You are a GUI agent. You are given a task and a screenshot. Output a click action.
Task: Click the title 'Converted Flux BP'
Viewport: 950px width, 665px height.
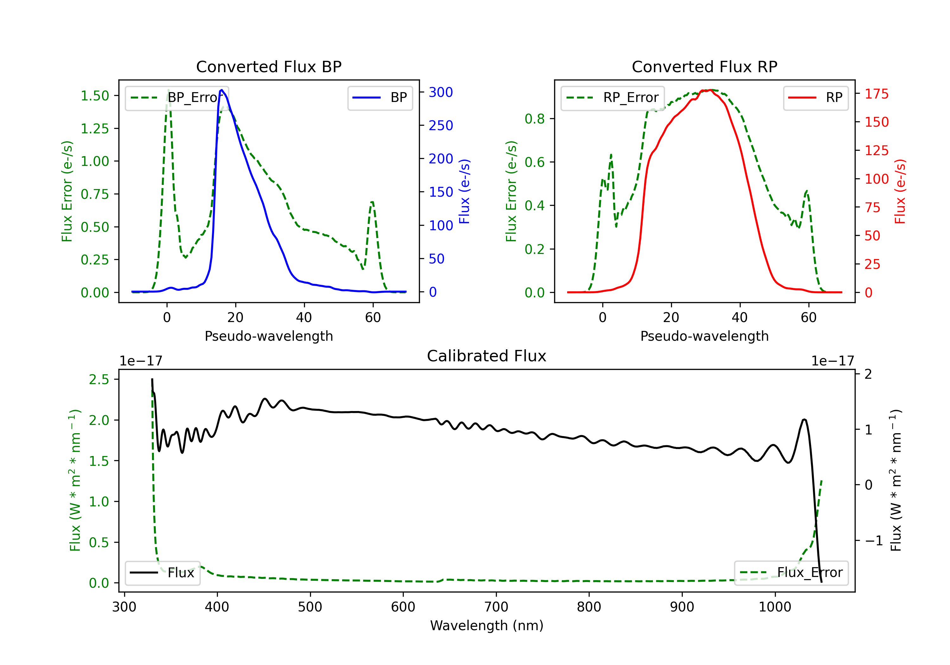click(269, 66)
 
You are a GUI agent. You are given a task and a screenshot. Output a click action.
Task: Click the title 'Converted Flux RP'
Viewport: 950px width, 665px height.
click(704, 66)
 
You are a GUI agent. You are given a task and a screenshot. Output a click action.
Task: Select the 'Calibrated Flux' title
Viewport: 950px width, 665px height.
click(487, 356)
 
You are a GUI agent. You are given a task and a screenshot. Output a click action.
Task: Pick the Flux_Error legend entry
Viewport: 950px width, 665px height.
click(791, 573)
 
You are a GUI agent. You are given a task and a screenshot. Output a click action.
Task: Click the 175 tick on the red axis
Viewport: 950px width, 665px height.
click(876, 94)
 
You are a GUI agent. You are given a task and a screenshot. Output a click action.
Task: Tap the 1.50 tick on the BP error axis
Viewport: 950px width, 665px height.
click(95, 96)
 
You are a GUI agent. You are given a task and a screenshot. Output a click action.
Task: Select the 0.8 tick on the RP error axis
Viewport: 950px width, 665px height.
click(535, 119)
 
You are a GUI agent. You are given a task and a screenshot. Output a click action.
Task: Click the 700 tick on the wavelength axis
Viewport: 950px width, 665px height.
click(496, 607)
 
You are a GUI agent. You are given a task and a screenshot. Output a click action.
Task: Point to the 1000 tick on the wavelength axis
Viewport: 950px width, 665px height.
click(775, 607)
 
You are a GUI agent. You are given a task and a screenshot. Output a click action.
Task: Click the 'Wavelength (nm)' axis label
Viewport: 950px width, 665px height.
click(487, 625)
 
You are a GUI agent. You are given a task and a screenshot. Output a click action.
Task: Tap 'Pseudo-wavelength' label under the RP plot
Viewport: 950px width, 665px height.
click(704, 336)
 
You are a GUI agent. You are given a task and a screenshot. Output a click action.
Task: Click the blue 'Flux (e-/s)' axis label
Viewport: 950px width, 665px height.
click(464, 192)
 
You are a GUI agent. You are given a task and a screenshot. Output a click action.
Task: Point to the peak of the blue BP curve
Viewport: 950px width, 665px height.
click(222, 90)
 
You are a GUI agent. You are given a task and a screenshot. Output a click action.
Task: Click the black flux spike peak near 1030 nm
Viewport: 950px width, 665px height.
click(804, 420)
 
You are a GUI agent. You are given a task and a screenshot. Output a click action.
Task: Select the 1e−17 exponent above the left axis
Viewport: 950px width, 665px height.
click(141, 361)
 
